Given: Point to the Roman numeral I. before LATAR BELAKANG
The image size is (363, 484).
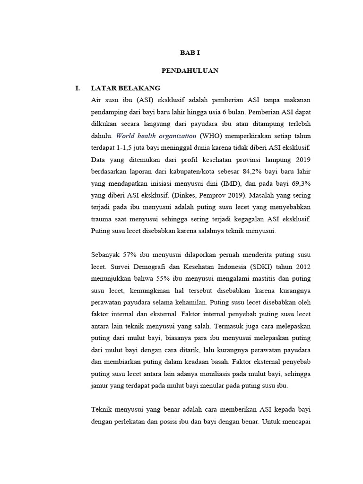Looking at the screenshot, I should coord(78,88).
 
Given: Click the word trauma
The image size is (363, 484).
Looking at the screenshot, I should coord(102,220).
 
